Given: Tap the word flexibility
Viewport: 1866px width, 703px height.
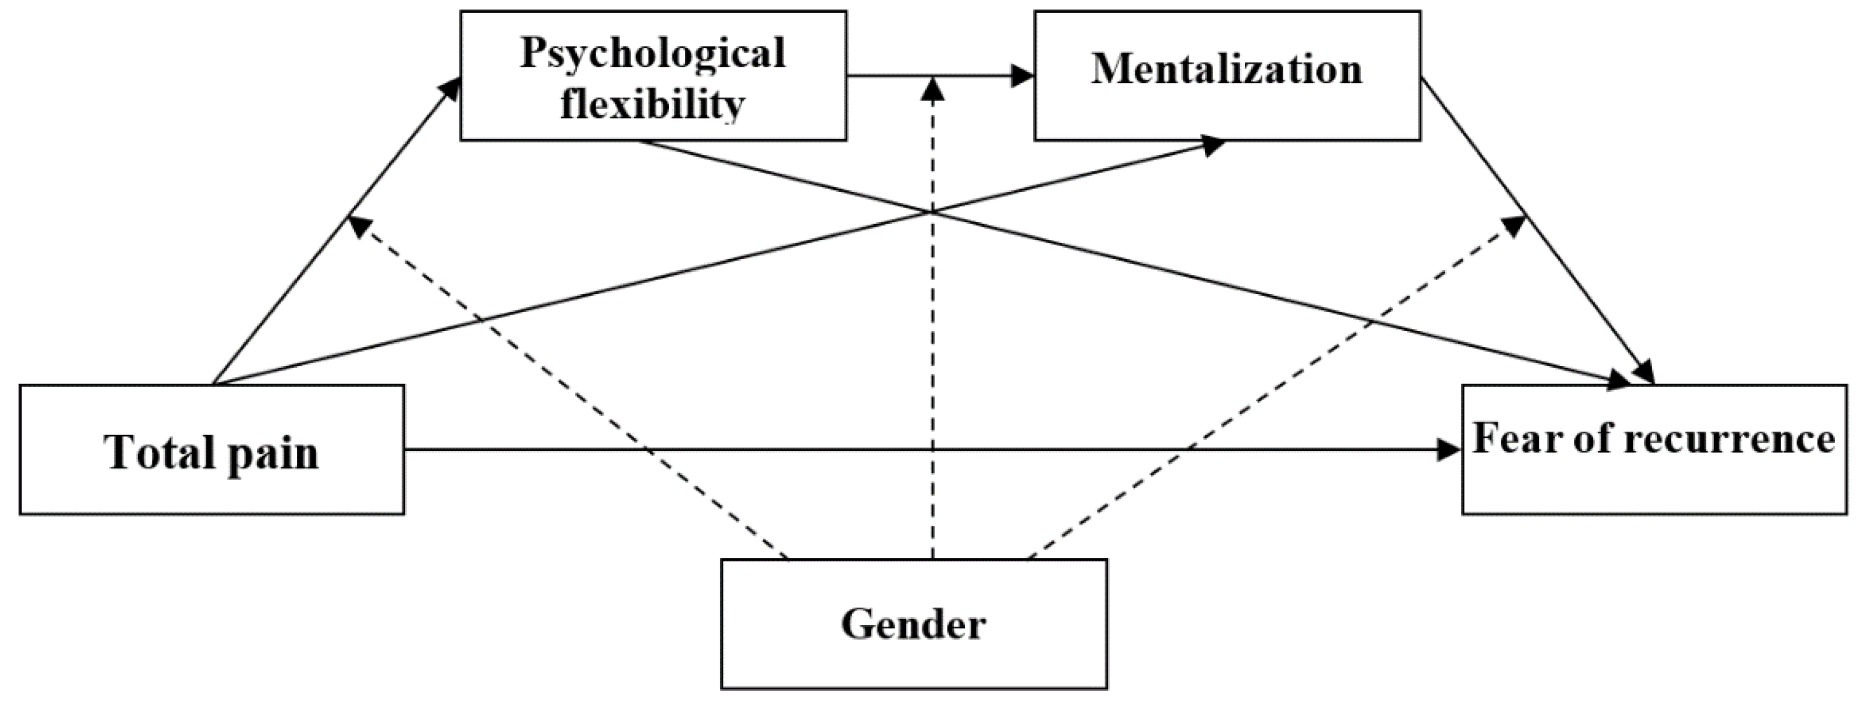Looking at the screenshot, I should [653, 105].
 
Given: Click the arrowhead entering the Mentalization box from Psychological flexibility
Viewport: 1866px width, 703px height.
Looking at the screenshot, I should [1023, 75].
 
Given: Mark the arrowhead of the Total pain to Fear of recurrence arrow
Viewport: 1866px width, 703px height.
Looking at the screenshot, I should [1449, 450].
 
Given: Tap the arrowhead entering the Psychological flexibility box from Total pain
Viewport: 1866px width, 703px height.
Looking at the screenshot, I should [451, 88].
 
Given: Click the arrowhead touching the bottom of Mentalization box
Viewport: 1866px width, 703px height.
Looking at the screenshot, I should [1213, 144].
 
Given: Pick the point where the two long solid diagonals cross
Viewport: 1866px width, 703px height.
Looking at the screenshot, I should [932, 212].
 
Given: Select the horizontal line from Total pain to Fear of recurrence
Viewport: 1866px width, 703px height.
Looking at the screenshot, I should [869, 450].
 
